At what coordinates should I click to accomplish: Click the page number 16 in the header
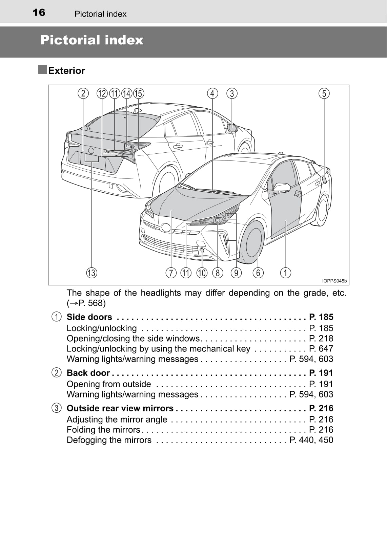click(39, 13)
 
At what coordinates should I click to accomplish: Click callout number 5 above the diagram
click(324, 93)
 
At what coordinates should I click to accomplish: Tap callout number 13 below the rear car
click(91, 273)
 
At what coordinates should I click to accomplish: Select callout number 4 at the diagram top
click(212, 93)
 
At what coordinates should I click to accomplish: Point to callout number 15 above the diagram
click(138, 93)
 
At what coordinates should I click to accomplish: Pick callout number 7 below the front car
click(171, 273)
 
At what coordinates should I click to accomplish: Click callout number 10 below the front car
click(202, 273)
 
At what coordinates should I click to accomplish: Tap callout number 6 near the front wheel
click(258, 273)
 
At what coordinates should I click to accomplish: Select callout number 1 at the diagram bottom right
click(286, 273)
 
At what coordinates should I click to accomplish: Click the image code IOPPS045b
click(334, 281)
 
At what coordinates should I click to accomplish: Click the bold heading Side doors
click(89, 317)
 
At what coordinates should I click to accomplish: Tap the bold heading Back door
click(88, 373)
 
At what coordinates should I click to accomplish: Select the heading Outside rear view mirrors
click(120, 408)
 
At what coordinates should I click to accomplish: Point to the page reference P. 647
click(321, 348)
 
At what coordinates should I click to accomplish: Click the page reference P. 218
click(321, 338)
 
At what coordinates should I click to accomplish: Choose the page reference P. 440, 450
click(311, 440)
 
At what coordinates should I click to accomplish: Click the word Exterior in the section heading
click(66, 70)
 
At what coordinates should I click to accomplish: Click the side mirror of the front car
click(281, 187)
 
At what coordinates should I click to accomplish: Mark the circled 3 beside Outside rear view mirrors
click(57, 408)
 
